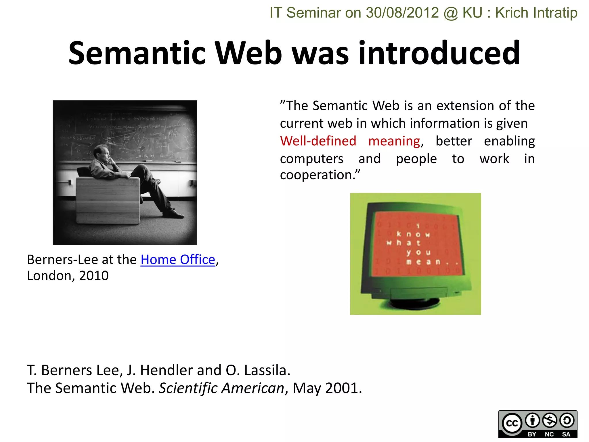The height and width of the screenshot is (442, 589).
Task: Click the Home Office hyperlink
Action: pos(178,260)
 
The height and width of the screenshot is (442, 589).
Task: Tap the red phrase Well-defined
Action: pos(318,141)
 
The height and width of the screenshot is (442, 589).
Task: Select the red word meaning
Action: pos(394,141)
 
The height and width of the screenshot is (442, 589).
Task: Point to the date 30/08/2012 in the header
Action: pos(402,13)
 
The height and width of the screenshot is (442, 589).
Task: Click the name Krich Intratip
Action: pos(536,13)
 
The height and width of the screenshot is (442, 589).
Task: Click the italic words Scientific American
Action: pos(221,388)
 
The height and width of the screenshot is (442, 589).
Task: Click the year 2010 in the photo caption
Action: pos(94,276)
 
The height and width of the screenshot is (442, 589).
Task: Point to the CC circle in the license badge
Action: pos(512,423)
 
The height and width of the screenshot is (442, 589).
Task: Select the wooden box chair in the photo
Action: pos(108,200)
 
